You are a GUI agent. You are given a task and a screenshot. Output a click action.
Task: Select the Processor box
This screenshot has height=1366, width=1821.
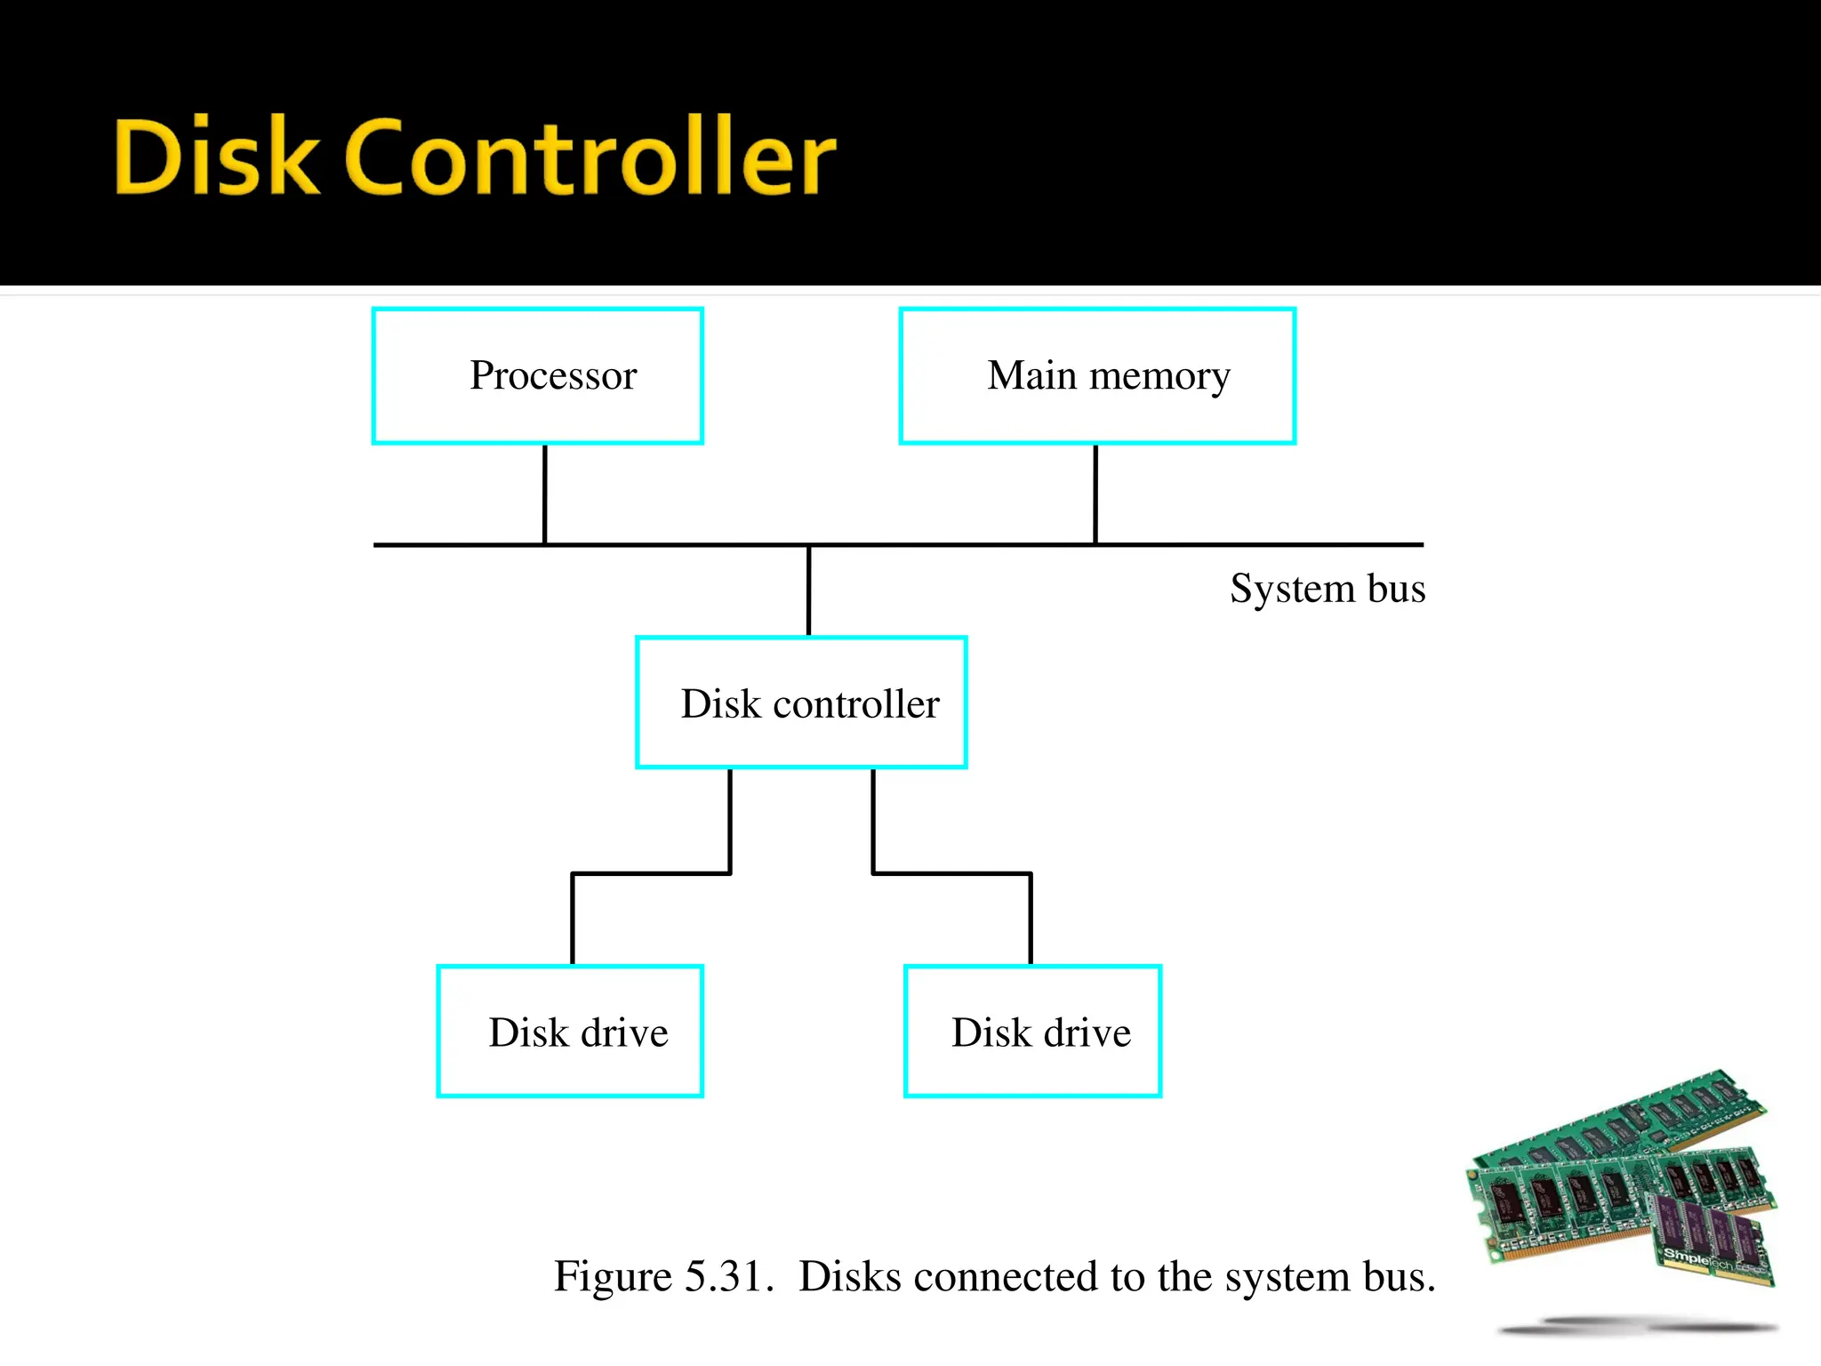(538, 375)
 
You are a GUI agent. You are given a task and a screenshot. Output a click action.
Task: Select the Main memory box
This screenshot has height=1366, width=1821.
(1097, 375)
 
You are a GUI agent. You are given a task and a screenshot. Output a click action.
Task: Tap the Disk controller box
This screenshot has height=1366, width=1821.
(801, 703)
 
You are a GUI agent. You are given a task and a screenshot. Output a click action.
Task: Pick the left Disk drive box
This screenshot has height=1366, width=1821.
(570, 1032)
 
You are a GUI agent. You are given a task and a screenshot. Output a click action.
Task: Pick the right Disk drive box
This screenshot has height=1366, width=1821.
(1032, 1032)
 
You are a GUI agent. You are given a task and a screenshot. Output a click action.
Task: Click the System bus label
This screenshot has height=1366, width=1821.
(1327, 589)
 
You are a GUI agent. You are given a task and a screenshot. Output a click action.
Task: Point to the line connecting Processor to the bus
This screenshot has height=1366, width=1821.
(545, 494)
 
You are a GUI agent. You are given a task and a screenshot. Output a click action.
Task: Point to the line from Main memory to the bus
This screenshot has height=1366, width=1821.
(1095, 494)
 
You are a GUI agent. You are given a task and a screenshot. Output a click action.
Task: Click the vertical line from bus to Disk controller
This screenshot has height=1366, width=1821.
(808, 591)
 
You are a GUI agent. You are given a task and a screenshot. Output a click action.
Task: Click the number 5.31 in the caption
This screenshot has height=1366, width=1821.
(724, 1277)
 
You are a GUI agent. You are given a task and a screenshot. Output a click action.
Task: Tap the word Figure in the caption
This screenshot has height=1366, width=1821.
(613, 1277)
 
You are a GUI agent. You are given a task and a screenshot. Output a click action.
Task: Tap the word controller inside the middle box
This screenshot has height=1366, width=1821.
(855, 704)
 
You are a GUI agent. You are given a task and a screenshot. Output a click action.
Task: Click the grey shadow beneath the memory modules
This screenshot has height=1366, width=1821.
(1636, 1328)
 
